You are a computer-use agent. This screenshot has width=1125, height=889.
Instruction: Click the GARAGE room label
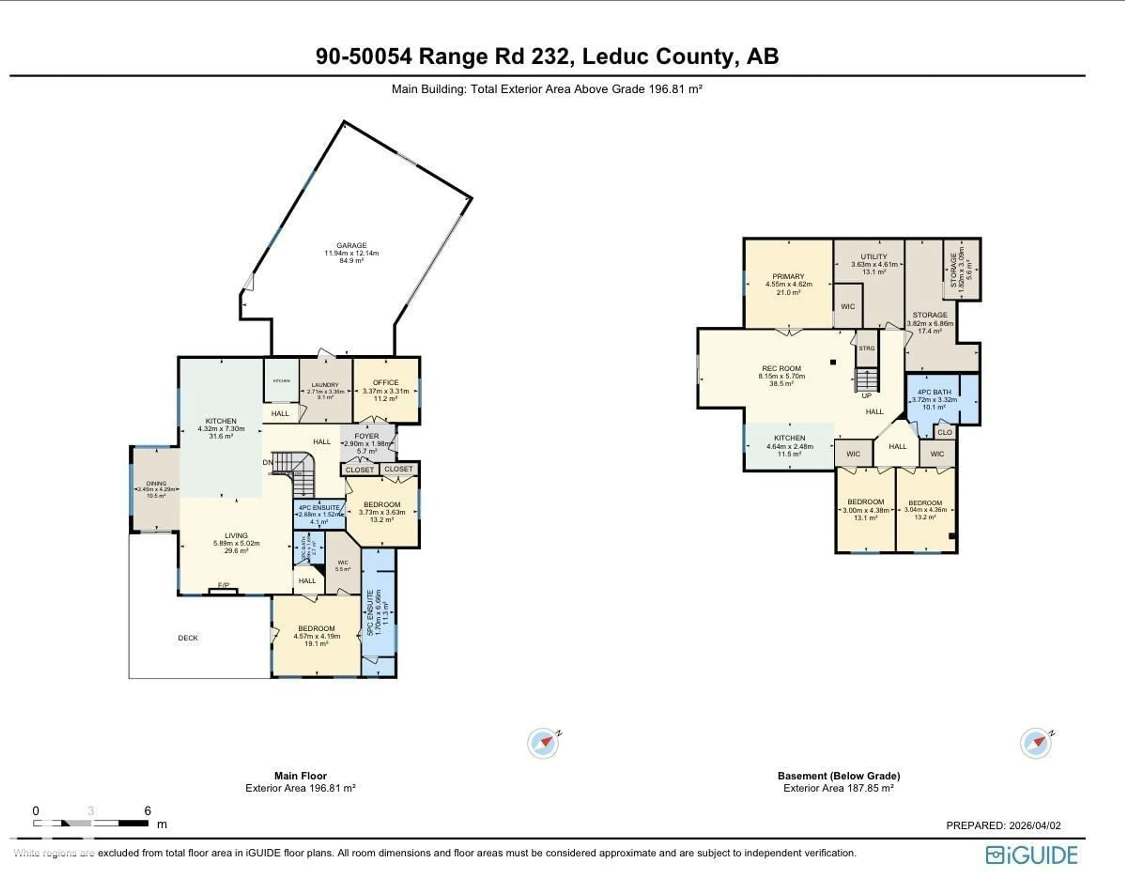point(351,245)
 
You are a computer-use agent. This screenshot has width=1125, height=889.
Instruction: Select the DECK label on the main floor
point(188,638)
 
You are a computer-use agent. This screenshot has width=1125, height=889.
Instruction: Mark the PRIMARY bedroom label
point(788,277)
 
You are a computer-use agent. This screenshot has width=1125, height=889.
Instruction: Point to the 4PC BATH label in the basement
point(934,392)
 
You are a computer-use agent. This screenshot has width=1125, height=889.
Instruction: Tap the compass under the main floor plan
point(543,743)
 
